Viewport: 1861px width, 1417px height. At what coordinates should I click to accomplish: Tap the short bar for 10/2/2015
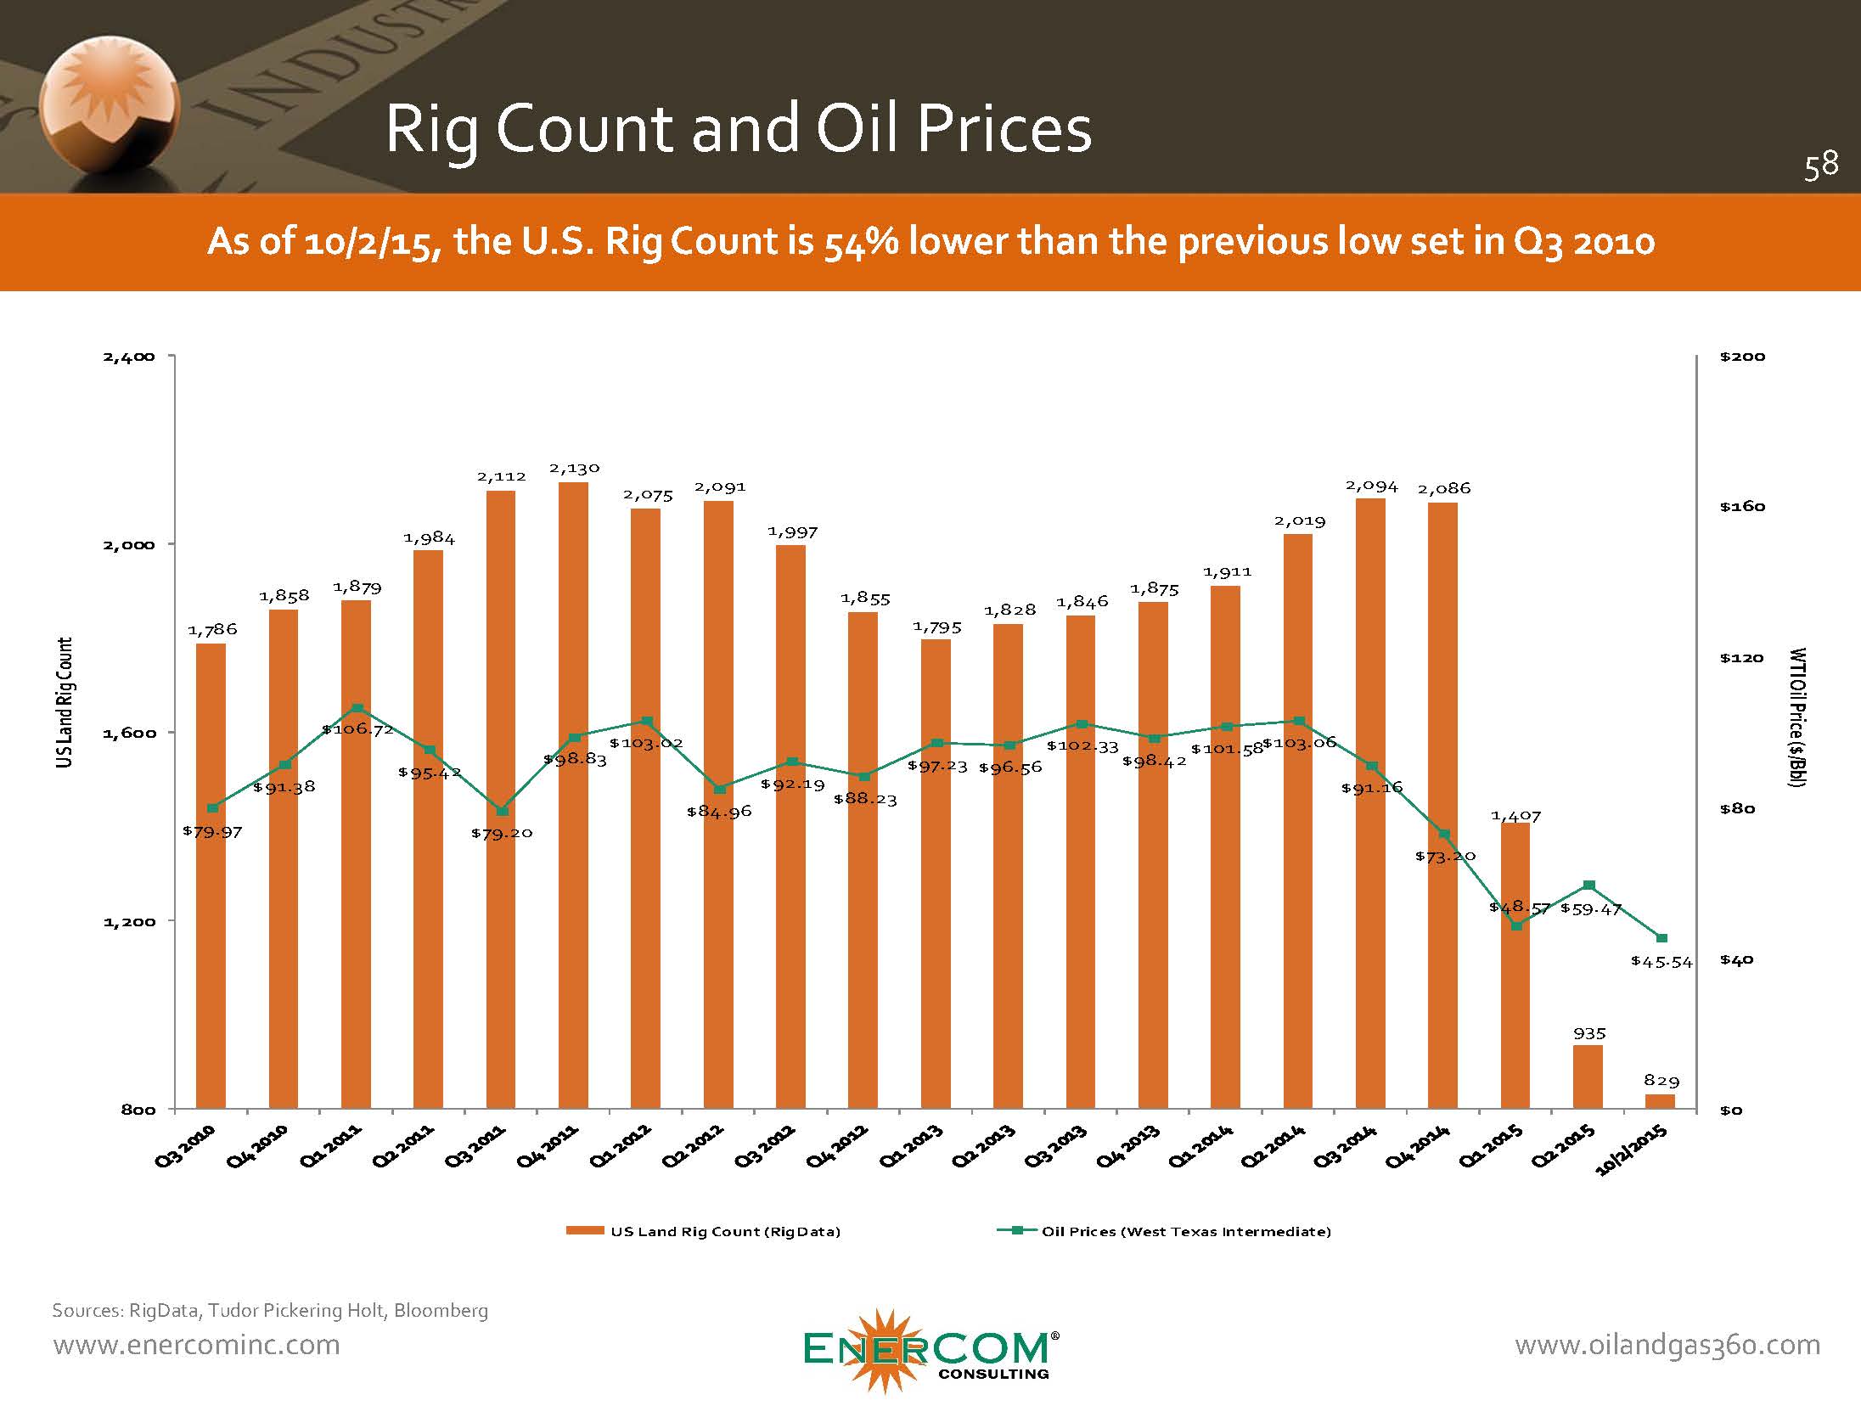tap(1660, 1102)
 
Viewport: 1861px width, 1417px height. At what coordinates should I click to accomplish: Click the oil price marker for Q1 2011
tap(357, 708)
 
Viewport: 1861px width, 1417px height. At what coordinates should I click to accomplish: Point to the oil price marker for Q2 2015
tap(1589, 886)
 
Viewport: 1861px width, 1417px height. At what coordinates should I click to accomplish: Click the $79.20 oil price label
tap(502, 833)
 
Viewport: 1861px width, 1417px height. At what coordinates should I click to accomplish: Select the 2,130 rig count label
tap(574, 468)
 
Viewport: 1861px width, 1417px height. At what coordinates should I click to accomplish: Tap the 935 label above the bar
tap(1589, 1033)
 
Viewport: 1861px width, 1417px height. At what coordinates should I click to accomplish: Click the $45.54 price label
tap(1661, 962)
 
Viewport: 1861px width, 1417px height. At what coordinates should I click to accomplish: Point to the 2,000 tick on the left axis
tap(129, 544)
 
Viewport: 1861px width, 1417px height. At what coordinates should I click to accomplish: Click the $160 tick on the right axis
tap(1742, 507)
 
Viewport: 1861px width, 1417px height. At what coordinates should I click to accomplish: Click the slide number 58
tap(1820, 165)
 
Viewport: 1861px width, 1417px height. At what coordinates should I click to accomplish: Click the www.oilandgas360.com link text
tap(1667, 1345)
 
